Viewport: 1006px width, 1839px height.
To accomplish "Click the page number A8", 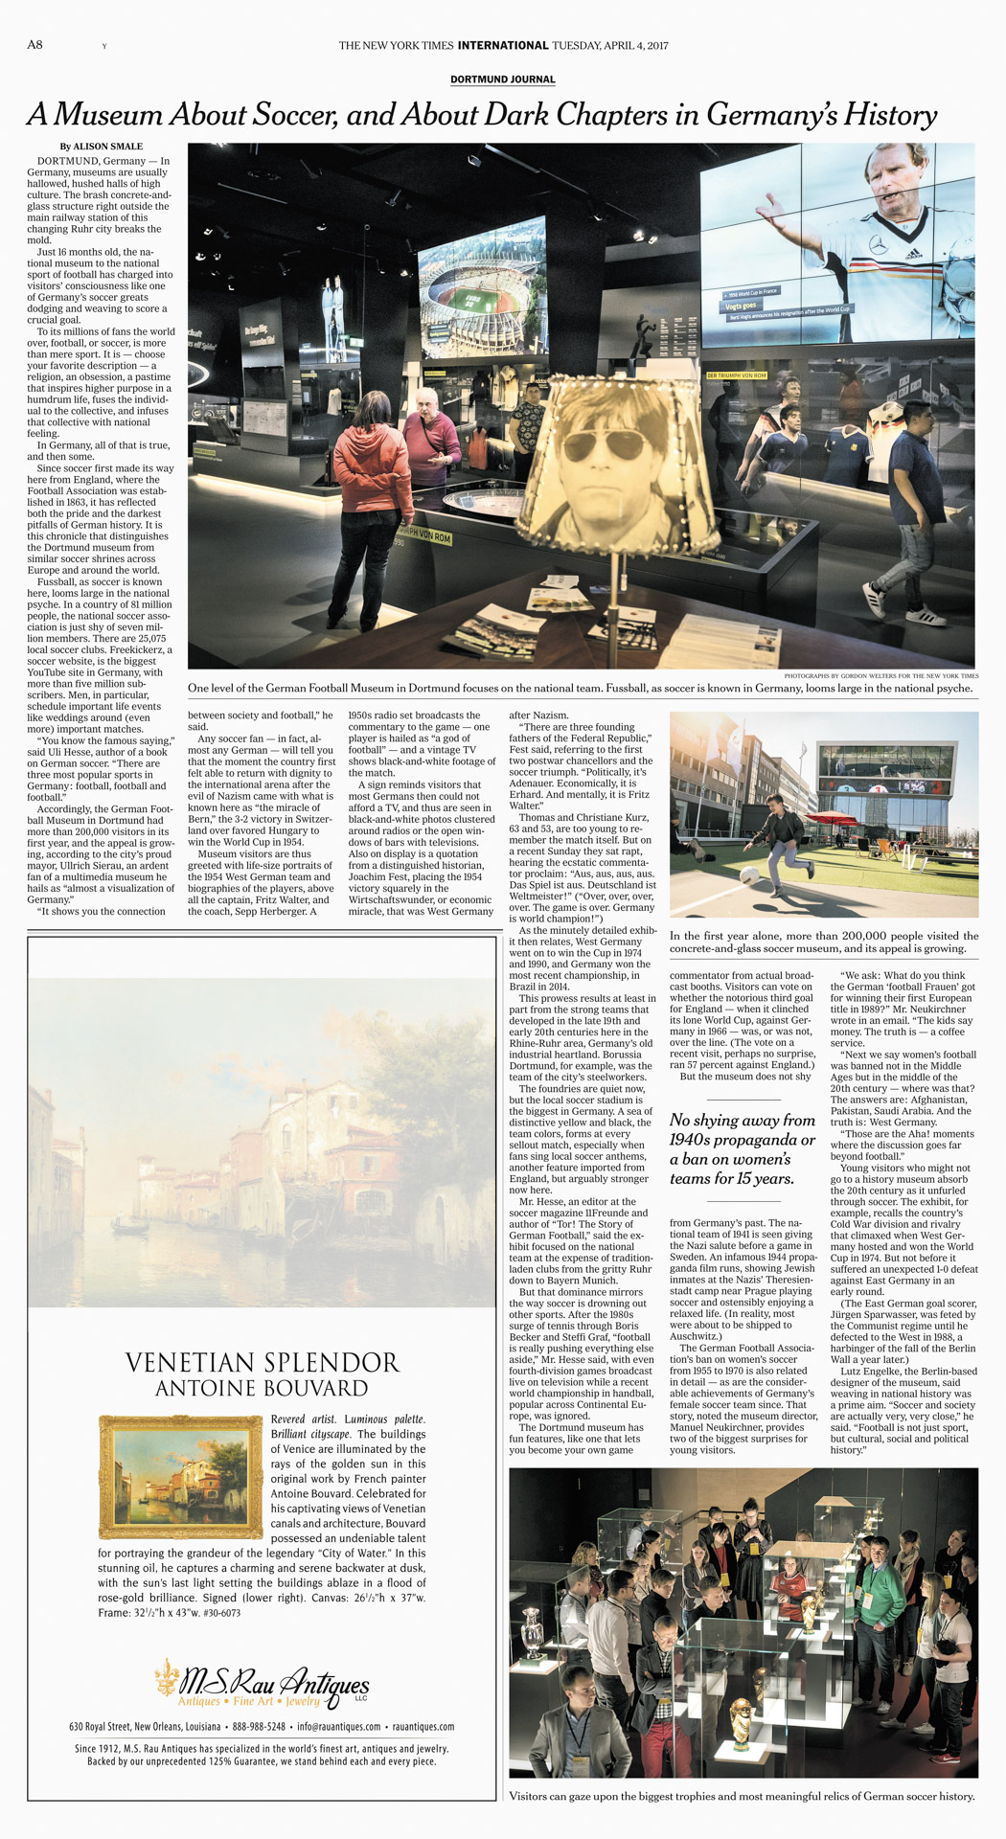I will pos(34,45).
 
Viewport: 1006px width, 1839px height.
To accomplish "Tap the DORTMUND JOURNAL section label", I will pos(502,79).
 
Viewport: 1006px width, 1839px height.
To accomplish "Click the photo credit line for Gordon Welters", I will pos(880,676).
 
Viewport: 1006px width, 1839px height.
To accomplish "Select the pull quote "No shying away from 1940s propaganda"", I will pos(743,1148).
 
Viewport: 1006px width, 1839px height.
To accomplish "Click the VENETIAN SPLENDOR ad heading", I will pos(263,1362).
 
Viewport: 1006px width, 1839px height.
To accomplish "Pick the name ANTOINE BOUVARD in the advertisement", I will pos(262,1388).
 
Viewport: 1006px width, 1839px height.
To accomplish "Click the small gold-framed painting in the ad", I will pos(180,1476).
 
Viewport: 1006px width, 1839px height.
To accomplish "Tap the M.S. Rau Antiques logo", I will pos(263,1685).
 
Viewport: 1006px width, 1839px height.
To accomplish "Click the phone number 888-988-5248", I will pos(259,1727).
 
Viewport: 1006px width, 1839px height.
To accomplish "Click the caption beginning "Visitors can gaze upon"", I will pos(742,1796).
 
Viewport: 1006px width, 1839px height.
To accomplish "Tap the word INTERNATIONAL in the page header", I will pos(503,45).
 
